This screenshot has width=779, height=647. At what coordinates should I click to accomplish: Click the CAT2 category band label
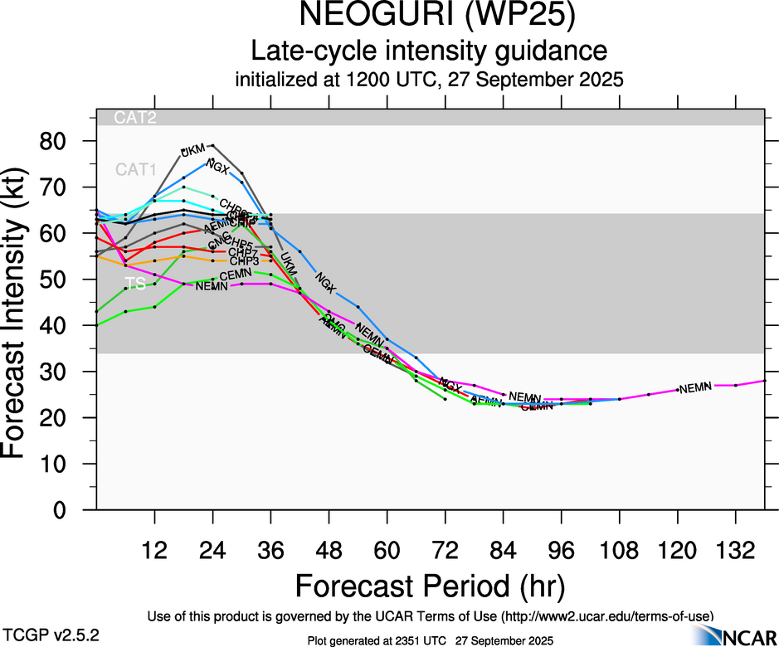tap(135, 118)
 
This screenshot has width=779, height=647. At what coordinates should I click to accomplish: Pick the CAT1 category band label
tap(135, 170)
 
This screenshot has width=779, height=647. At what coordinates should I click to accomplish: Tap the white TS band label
tap(135, 284)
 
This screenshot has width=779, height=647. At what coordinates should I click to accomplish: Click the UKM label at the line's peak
tap(192, 150)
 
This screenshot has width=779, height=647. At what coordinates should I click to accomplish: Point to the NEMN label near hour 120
tap(695, 387)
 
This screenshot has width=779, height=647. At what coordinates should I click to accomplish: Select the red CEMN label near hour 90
tap(537, 406)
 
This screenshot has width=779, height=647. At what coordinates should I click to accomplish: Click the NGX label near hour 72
tap(450, 386)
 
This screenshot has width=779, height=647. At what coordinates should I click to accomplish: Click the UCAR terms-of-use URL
tap(606, 616)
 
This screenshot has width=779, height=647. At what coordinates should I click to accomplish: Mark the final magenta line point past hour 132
tap(764, 381)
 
